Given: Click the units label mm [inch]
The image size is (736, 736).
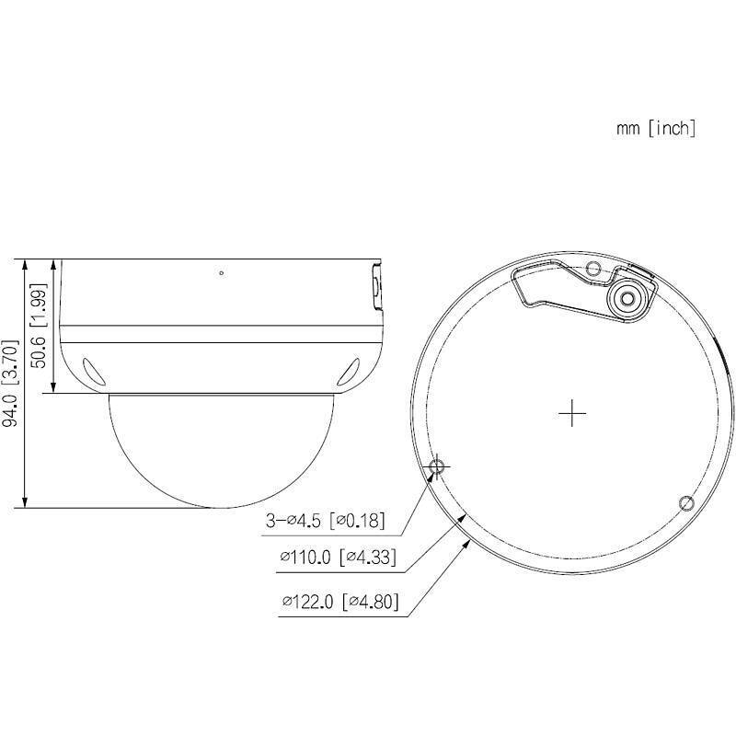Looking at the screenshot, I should click(x=656, y=128).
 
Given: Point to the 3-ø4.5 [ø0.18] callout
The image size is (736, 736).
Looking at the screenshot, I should click(x=324, y=522).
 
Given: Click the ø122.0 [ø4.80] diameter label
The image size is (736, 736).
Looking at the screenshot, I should click(x=339, y=603).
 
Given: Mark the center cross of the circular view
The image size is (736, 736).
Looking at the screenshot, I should click(x=572, y=414).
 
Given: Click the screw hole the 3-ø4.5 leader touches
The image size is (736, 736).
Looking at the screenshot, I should click(x=438, y=466).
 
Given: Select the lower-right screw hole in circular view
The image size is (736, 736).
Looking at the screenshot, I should click(x=685, y=502).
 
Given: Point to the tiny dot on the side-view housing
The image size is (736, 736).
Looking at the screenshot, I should click(x=221, y=272).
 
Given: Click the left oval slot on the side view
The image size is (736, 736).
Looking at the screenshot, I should click(x=93, y=370).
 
